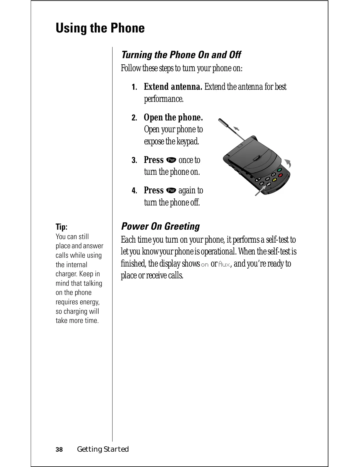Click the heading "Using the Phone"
tap(100, 28)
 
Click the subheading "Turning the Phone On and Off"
tap(181, 55)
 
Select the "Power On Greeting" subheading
tap(160, 226)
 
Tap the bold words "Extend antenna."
tap(173, 87)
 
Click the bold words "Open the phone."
tap(173, 117)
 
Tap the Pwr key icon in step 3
tap(171, 160)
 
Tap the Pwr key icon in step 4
tap(171, 191)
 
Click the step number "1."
tap(134, 87)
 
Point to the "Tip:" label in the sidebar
tap(61, 227)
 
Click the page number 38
tap(59, 450)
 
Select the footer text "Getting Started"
tap(103, 449)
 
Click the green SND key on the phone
tap(279, 169)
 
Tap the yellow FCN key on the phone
tap(274, 180)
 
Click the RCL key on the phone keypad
tap(262, 183)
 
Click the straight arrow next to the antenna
tap(237, 128)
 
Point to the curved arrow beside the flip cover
tap(288, 163)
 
